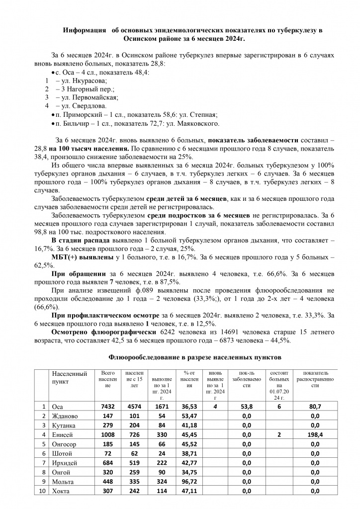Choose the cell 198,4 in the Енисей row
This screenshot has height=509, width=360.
tap(314, 434)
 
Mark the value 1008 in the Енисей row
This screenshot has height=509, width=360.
tap(107, 434)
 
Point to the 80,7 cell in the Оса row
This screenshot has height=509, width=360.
tap(314, 406)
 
